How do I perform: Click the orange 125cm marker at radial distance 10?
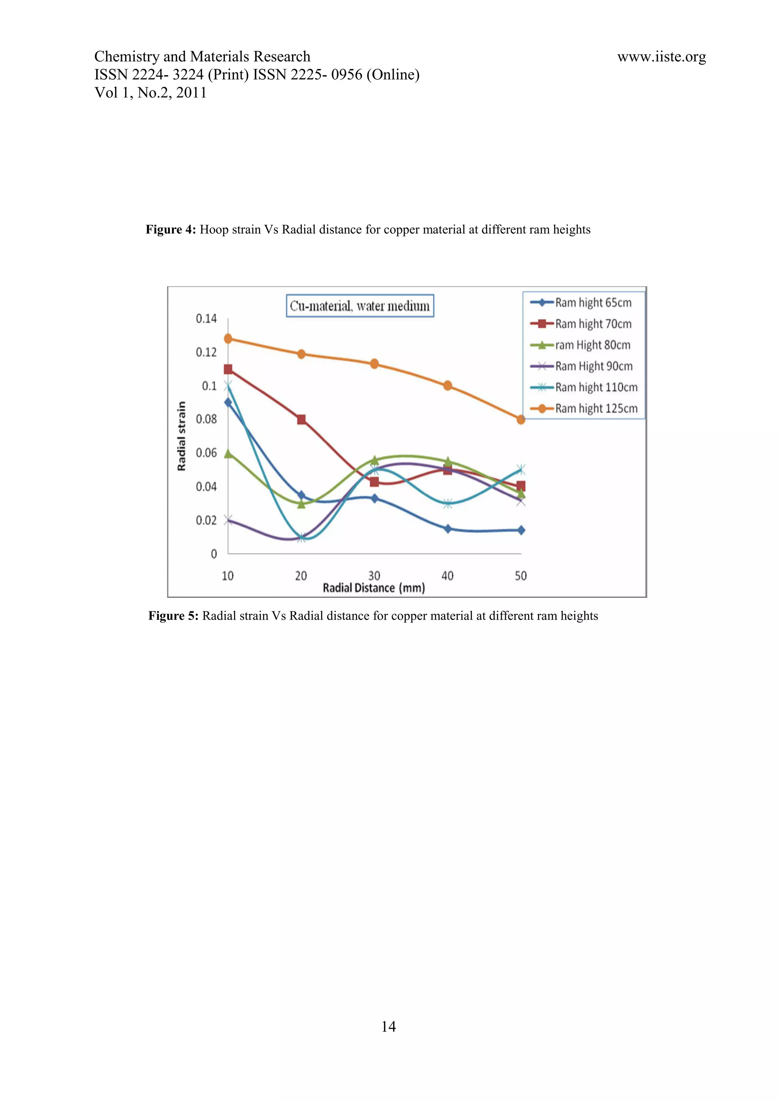click(x=228, y=339)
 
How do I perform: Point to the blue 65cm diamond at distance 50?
click(x=521, y=530)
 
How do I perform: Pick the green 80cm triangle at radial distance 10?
click(x=229, y=453)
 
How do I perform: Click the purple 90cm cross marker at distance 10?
click(x=228, y=520)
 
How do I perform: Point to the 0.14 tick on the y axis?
click(x=206, y=318)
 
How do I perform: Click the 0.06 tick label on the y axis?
click(x=206, y=453)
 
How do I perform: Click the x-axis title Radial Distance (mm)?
click(x=374, y=588)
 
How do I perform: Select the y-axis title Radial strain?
click(x=181, y=436)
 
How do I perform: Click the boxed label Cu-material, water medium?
click(x=360, y=306)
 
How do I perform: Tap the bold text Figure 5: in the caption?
click(x=174, y=616)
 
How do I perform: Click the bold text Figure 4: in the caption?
click(x=171, y=230)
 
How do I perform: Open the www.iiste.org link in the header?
click(x=661, y=57)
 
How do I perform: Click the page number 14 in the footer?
click(x=389, y=1026)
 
